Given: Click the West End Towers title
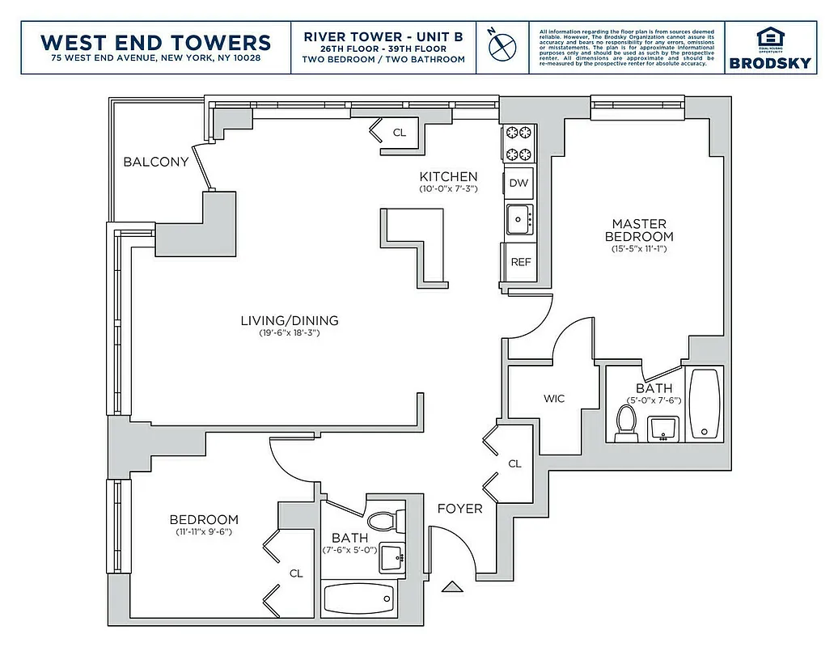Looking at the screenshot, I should [x=155, y=41].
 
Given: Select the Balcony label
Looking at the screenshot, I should [x=155, y=162].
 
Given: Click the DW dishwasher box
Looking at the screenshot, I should [x=518, y=183].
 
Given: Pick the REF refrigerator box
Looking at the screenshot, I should [x=519, y=262].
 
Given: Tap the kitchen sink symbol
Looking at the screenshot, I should [x=518, y=218].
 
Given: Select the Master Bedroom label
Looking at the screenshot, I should [x=639, y=230].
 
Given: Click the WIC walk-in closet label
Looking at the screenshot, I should [x=554, y=399].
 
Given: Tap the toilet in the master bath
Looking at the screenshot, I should [x=626, y=422].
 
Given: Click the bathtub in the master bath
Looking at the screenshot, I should [x=706, y=404].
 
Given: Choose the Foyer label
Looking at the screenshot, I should [x=459, y=509].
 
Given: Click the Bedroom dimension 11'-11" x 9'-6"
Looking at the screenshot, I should [x=204, y=532].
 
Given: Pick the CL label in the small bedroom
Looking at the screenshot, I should [x=296, y=573].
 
